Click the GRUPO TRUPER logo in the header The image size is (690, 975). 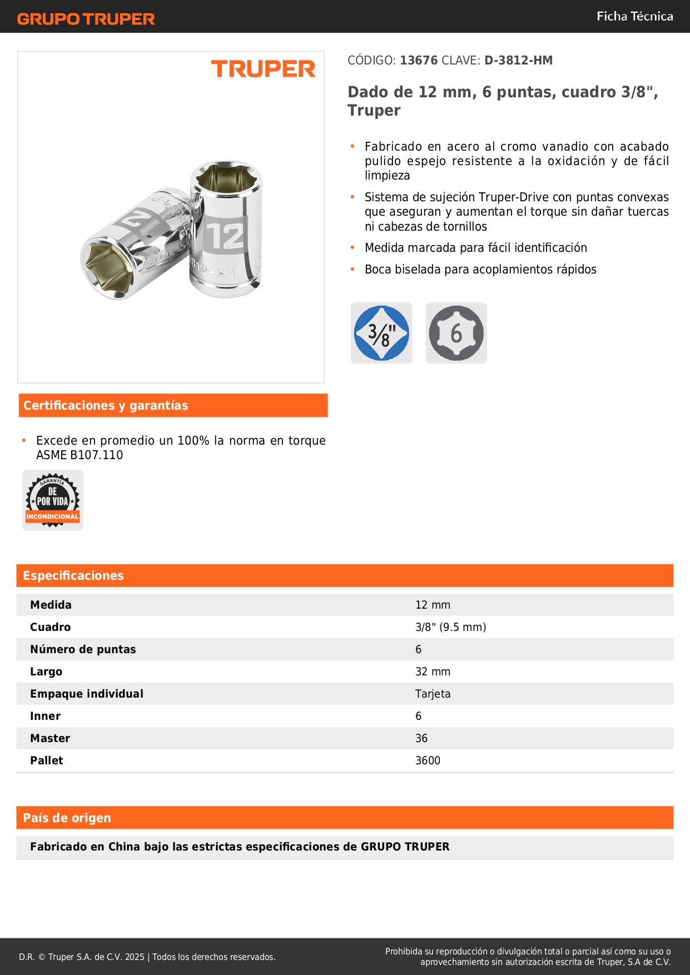(86, 19)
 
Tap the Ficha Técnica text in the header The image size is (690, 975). (634, 16)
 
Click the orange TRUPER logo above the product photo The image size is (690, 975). (263, 69)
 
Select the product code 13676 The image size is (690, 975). (419, 61)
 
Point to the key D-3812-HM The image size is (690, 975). (518, 61)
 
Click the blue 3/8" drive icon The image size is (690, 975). (381, 333)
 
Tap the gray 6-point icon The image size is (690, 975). (456, 333)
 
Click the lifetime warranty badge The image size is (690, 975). (53, 500)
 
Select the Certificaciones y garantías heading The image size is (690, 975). (106, 406)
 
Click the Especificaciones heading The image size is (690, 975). (73, 576)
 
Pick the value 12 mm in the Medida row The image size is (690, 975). (433, 605)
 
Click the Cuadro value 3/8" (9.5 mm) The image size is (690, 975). (450, 627)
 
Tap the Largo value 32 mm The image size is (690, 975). (433, 671)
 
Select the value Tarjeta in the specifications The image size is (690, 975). (433, 694)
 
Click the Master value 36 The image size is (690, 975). (421, 738)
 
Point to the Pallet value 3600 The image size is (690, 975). (428, 760)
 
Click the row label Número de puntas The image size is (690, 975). (83, 649)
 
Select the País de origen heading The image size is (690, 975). (67, 818)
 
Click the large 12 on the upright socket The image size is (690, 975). (225, 237)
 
